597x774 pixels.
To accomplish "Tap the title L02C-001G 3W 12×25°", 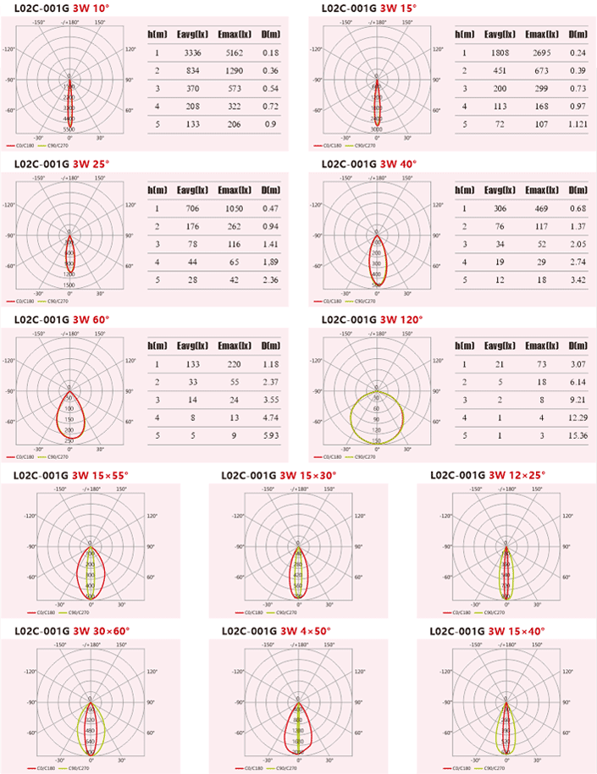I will point(488,475).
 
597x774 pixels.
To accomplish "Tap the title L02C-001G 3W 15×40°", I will point(488,631).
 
